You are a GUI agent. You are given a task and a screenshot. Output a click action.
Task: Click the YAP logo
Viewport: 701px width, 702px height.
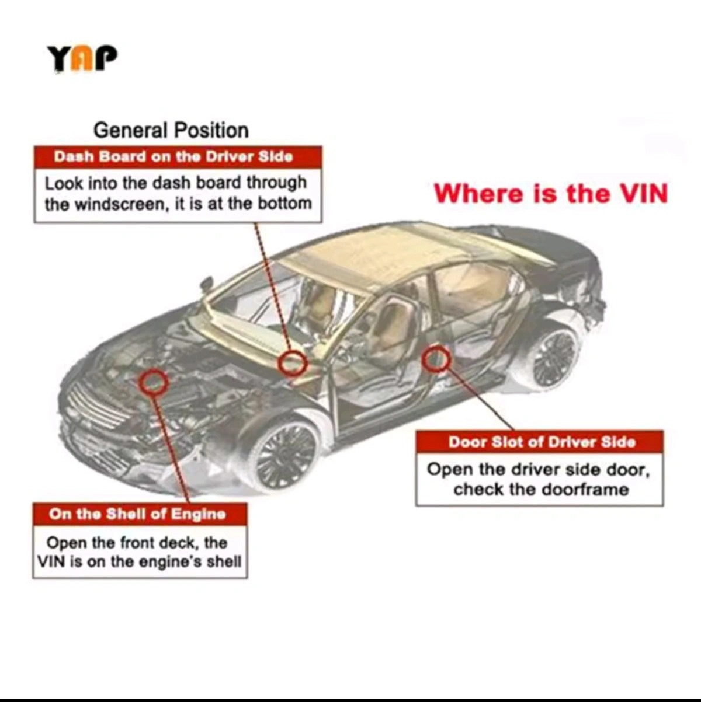tap(82, 58)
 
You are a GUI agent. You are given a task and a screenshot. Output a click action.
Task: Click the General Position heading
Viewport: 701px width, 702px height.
tap(171, 130)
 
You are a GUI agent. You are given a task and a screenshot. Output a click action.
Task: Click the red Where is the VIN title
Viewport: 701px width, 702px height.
tap(551, 193)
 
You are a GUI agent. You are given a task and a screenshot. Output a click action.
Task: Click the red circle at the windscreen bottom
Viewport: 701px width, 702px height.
tap(292, 363)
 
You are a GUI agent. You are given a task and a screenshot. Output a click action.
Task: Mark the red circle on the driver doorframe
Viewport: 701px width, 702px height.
tap(436, 359)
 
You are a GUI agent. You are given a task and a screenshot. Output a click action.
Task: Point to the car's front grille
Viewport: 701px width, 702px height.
tap(96, 405)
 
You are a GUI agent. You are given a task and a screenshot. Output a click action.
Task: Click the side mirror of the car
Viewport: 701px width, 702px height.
tap(207, 284)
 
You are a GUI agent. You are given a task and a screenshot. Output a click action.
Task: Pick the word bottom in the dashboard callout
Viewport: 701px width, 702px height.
tap(285, 204)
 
